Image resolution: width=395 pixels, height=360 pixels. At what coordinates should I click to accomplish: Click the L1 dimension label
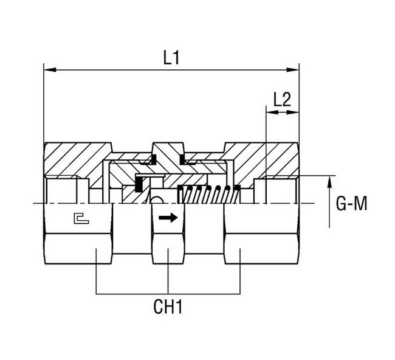tap(172, 58)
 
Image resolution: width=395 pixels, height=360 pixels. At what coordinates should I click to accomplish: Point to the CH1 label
tap(168, 306)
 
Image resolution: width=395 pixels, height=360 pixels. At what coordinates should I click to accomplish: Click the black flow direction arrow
tap(167, 218)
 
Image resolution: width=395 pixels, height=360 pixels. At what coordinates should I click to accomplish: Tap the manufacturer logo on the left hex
tap(80, 217)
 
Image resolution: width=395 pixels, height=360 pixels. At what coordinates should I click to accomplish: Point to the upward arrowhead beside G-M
tap(330, 181)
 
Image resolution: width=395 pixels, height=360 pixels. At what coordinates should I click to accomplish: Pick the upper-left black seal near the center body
tap(148, 161)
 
